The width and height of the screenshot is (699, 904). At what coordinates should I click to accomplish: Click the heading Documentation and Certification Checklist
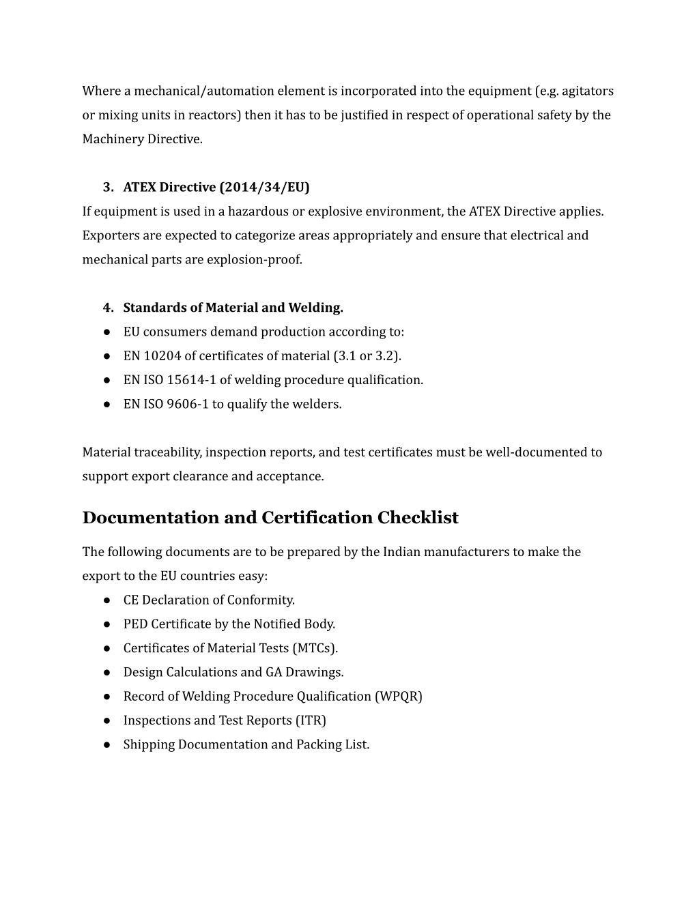coord(270,518)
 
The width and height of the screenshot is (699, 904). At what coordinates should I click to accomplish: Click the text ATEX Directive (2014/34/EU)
coord(216,187)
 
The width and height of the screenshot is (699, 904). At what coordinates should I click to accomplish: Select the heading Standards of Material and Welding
coord(233,308)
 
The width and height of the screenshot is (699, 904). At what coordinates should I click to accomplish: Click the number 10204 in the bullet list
coord(162,356)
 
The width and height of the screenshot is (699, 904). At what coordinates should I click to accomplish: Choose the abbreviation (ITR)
coord(311,720)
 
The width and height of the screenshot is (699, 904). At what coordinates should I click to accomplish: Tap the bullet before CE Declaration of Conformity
coord(108,600)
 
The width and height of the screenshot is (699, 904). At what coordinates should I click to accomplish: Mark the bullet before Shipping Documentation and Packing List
coord(108,745)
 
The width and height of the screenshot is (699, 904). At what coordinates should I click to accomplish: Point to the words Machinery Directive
coord(142,139)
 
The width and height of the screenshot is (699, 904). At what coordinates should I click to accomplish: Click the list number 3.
coord(107,187)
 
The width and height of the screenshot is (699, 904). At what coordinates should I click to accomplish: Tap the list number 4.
coord(107,308)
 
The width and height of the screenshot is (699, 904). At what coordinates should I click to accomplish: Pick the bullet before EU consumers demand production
coord(108,332)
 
